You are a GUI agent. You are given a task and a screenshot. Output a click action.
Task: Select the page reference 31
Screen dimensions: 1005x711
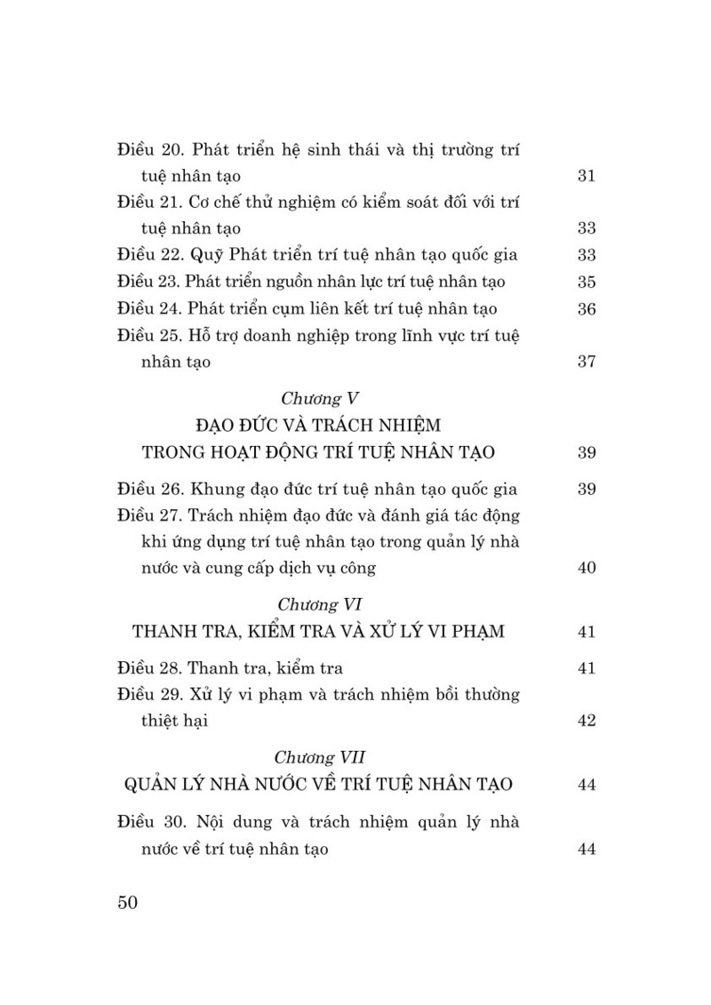tap(586, 175)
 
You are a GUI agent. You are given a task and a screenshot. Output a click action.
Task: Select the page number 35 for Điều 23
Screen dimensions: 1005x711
tap(586, 283)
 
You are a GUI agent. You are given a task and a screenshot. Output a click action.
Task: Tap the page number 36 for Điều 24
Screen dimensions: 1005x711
tap(586, 309)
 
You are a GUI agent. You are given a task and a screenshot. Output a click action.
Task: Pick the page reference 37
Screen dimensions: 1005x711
tap(586, 363)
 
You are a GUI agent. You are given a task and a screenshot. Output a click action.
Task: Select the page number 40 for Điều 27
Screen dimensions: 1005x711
tap(586, 568)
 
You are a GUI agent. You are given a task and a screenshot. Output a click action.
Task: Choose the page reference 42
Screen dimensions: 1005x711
tap(586, 721)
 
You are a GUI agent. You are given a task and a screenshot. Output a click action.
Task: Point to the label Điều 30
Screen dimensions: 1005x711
tap(152, 822)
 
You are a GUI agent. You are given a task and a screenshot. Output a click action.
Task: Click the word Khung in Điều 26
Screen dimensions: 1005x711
tap(216, 489)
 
